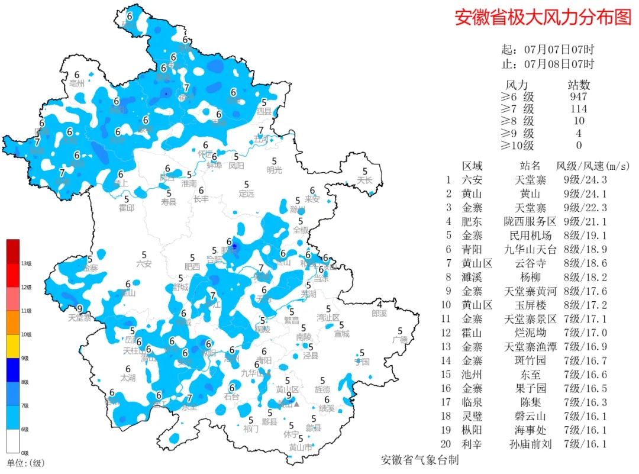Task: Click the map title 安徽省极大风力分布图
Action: click(x=543, y=17)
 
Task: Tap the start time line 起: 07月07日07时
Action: click(x=547, y=50)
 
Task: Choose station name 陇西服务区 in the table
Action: click(x=530, y=222)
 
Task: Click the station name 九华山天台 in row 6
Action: click(x=530, y=250)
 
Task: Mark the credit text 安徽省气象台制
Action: click(x=419, y=460)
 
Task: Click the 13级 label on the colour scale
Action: click(x=26, y=263)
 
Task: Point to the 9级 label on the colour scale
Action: click(x=25, y=358)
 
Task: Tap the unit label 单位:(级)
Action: click(x=25, y=463)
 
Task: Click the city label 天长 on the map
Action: click(x=366, y=180)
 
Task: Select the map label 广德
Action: click(x=400, y=340)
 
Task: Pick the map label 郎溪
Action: click(x=379, y=313)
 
